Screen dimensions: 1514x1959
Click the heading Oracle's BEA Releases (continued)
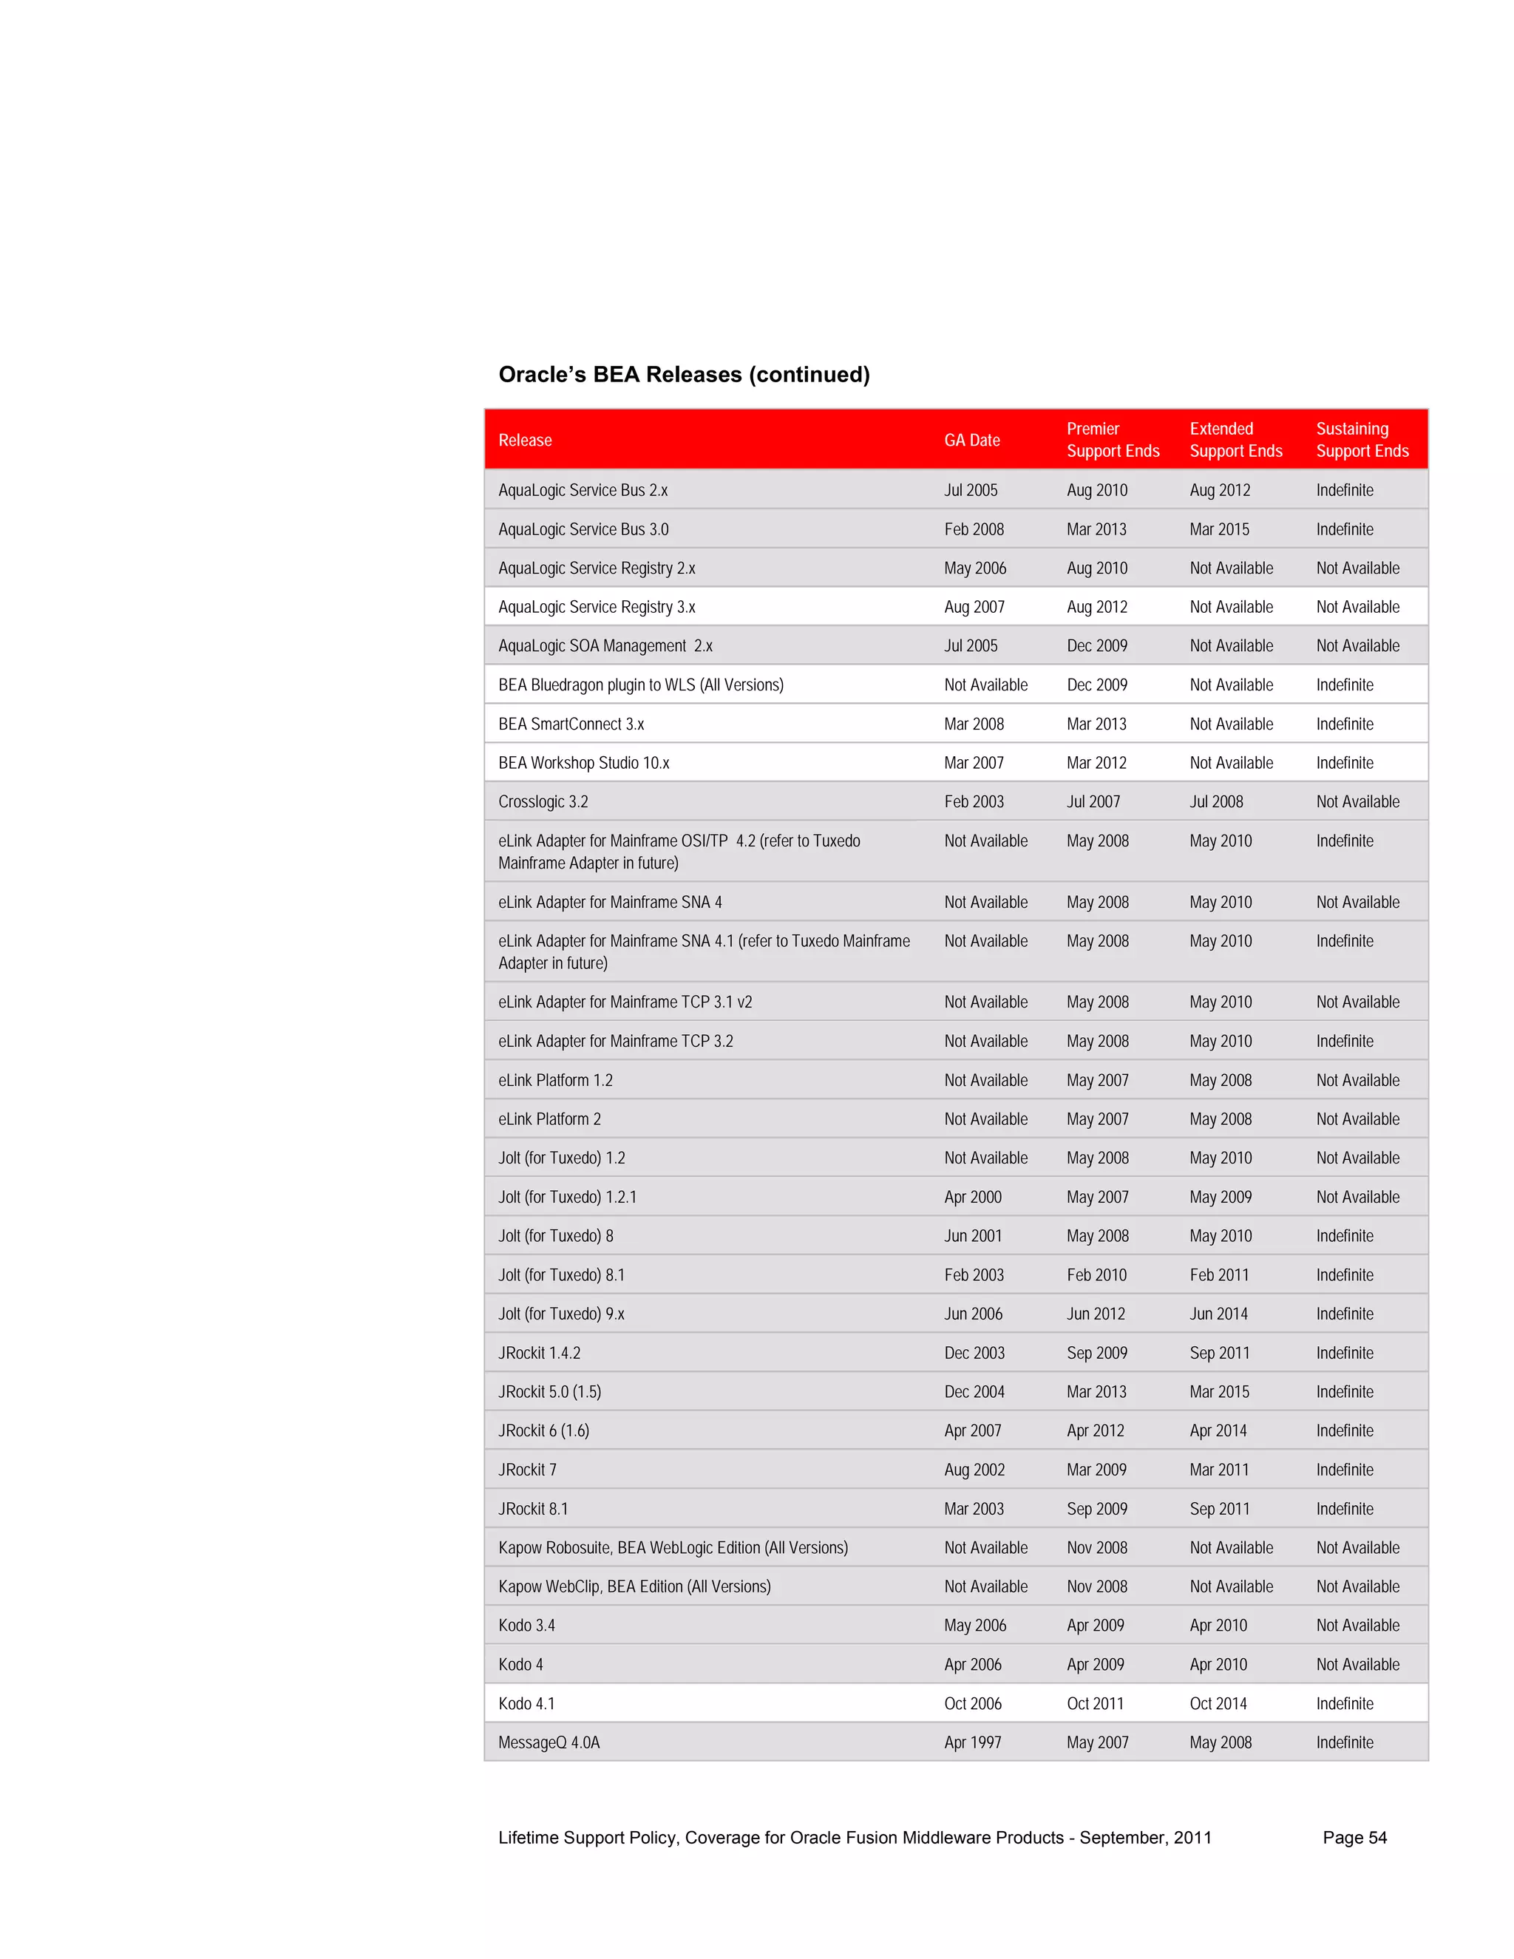(684, 374)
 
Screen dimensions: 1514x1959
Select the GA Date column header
(971, 441)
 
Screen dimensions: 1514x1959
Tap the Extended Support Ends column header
(1235, 440)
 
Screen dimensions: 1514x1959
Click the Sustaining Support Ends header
(1362, 440)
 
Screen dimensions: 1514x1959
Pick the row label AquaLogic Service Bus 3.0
(583, 529)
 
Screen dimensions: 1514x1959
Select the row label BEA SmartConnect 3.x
(571, 724)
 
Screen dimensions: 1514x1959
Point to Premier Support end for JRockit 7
(1096, 1470)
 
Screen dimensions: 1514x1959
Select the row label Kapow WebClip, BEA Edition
(634, 1586)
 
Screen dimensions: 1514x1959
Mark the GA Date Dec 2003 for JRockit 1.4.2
(974, 1353)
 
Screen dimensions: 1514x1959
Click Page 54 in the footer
(1354, 1838)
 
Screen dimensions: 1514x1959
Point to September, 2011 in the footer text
(1144, 1838)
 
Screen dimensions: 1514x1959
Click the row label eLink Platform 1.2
(555, 1080)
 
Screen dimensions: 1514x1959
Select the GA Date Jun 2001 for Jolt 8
(972, 1236)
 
